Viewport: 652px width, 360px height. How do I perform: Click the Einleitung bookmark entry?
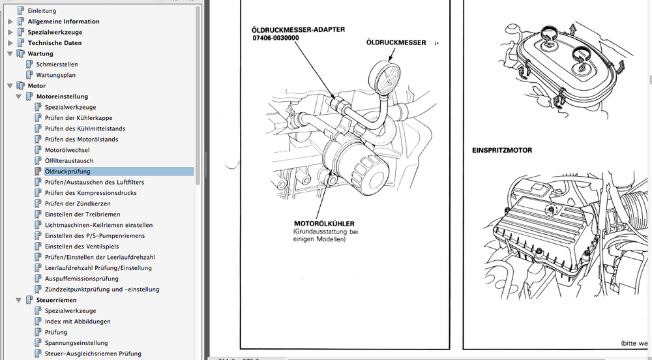click(x=42, y=11)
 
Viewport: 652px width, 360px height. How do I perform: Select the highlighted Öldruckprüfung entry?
click(x=67, y=172)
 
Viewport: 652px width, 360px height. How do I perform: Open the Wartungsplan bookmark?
click(x=55, y=75)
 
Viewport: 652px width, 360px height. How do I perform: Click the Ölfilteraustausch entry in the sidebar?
click(x=69, y=161)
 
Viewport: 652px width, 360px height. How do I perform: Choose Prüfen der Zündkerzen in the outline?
click(x=78, y=203)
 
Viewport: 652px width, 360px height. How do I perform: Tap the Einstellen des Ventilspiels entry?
click(x=82, y=247)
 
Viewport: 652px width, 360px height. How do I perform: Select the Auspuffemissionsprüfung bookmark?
click(x=81, y=278)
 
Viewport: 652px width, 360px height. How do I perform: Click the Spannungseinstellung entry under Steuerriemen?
click(x=76, y=343)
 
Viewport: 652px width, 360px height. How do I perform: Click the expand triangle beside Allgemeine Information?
click(x=10, y=22)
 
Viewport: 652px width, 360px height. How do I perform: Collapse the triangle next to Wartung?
click(x=10, y=53)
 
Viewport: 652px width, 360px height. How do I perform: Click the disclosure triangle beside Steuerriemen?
click(x=19, y=300)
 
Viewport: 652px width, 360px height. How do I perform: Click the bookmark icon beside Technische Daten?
click(x=21, y=43)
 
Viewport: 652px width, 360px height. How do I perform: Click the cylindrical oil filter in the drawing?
click(x=355, y=166)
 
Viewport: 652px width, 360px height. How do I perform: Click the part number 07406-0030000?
click(x=275, y=38)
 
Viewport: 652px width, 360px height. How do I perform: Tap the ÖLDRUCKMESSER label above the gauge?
click(x=396, y=42)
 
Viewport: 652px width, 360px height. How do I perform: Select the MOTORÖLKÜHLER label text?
click(x=324, y=224)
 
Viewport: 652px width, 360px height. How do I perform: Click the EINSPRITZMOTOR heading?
click(x=502, y=151)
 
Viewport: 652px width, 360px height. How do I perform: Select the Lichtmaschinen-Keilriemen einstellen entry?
click(x=99, y=225)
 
